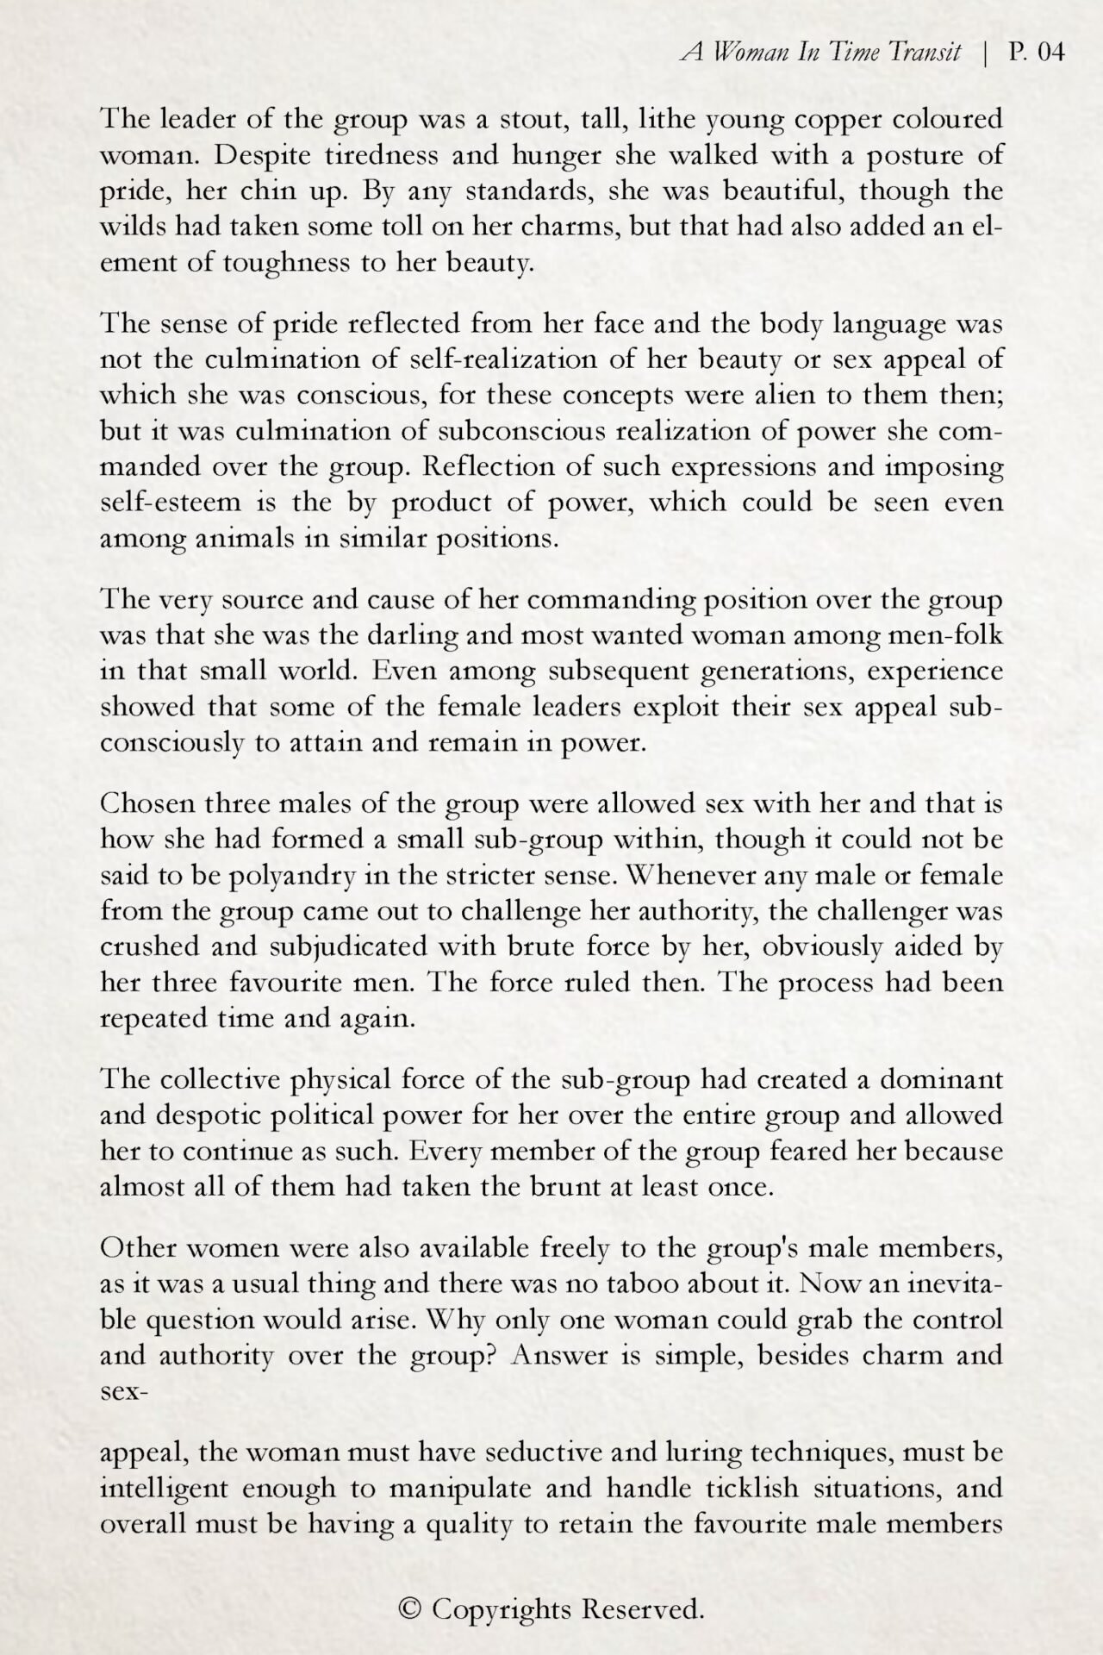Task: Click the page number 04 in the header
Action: tap(1051, 53)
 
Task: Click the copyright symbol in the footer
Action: tap(411, 1608)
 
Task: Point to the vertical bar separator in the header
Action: tap(984, 53)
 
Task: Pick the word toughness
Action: tap(287, 263)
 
